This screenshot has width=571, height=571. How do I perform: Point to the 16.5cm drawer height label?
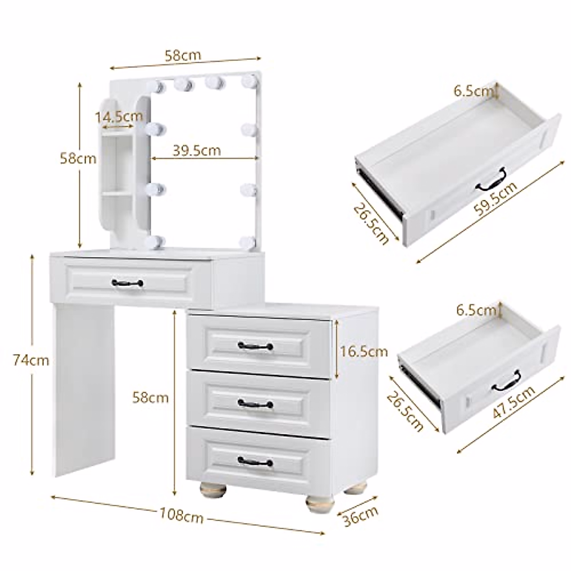[364, 352]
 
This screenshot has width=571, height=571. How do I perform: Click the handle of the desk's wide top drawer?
[128, 283]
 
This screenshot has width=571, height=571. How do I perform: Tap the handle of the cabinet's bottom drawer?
[256, 462]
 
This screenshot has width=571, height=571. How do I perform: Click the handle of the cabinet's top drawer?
[256, 345]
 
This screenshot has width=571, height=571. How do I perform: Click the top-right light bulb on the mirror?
[248, 82]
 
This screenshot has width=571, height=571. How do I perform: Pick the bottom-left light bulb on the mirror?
[156, 241]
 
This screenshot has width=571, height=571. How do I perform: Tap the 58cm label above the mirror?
[183, 55]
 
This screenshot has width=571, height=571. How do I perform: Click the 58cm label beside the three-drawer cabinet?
[150, 397]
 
